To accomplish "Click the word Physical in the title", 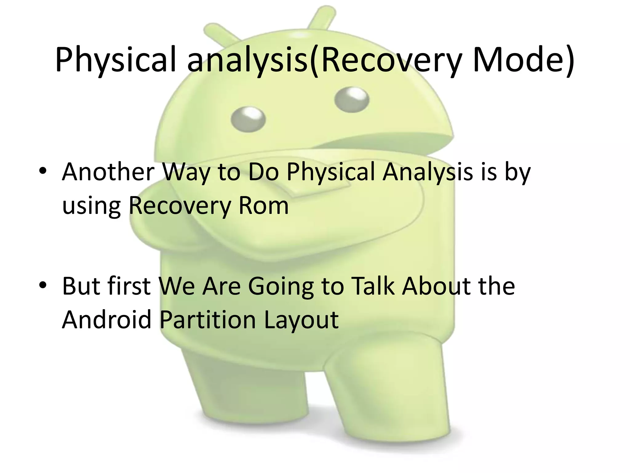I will [x=115, y=60].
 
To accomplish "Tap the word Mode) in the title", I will [x=523, y=60].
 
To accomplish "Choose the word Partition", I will [x=208, y=320].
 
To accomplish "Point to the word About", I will [x=437, y=286].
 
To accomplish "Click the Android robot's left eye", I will [x=248, y=119].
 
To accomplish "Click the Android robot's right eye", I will [x=352, y=99].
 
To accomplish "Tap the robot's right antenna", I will [x=321, y=18].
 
